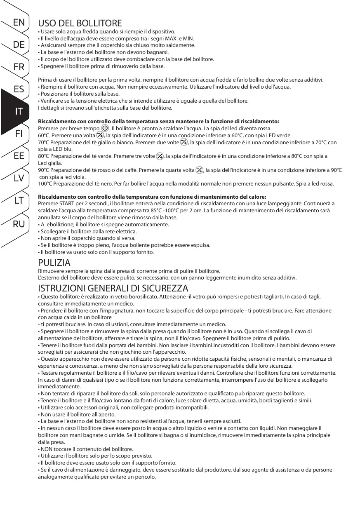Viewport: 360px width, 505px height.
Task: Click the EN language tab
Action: [19, 22]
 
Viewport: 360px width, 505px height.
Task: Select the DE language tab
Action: [19, 45]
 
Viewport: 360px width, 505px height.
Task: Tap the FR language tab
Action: [19, 67]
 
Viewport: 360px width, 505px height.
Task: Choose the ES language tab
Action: [19, 89]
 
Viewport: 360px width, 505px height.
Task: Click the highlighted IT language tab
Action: [18, 111]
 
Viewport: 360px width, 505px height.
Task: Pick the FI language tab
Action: [19, 134]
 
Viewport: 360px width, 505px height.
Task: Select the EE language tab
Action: [19, 156]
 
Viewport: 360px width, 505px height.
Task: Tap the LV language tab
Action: [19, 179]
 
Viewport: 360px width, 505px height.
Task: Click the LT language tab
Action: [19, 201]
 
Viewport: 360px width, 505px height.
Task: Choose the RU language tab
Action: [19, 224]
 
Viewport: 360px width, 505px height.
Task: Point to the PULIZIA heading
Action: [54, 263]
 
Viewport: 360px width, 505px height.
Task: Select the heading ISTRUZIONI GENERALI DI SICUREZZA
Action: [113, 288]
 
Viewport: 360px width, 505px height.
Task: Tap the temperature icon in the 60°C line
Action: [99, 135]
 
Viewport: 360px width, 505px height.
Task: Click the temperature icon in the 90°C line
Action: [200, 170]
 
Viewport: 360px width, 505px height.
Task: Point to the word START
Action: [66, 203]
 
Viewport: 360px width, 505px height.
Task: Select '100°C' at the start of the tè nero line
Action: [45, 183]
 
